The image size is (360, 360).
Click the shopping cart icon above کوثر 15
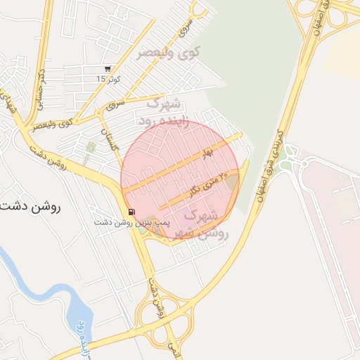(x=106, y=69)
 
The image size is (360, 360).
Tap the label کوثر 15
(x=109, y=79)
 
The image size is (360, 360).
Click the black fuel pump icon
(x=131, y=212)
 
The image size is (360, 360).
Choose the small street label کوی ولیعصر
(x=56, y=125)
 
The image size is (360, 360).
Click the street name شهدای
(x=10, y=102)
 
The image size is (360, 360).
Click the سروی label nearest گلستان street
(x=115, y=105)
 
